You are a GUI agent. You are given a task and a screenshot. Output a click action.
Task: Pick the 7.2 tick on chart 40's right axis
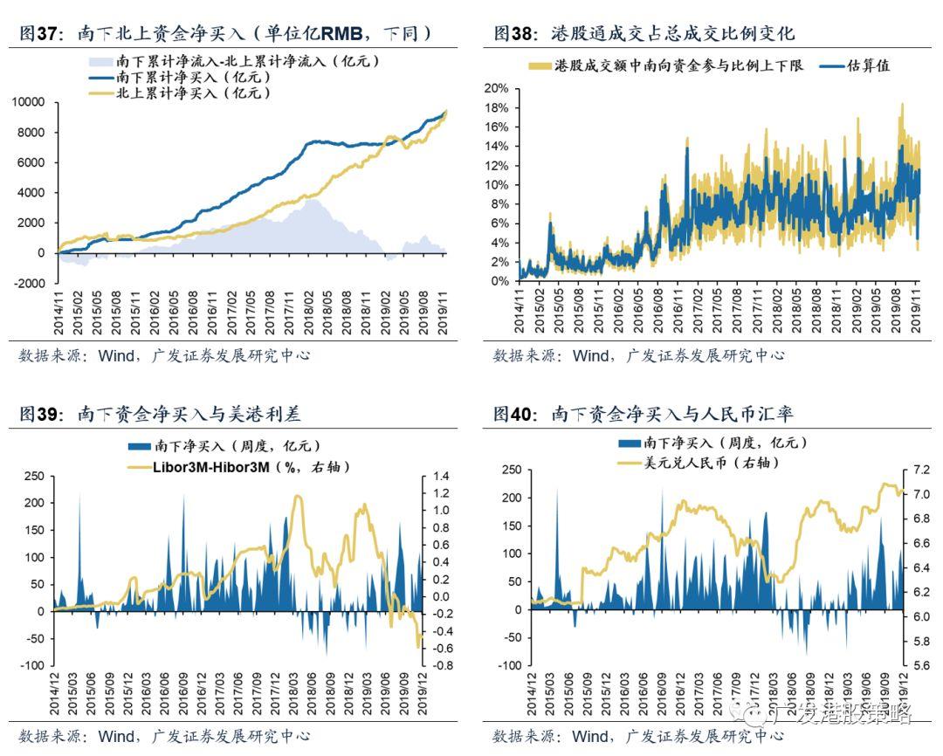(x=919, y=470)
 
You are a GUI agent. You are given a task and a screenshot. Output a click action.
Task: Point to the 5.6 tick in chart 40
(x=919, y=665)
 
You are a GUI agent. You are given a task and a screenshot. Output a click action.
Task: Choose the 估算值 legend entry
(x=868, y=65)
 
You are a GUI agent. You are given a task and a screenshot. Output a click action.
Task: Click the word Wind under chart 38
(x=592, y=355)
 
